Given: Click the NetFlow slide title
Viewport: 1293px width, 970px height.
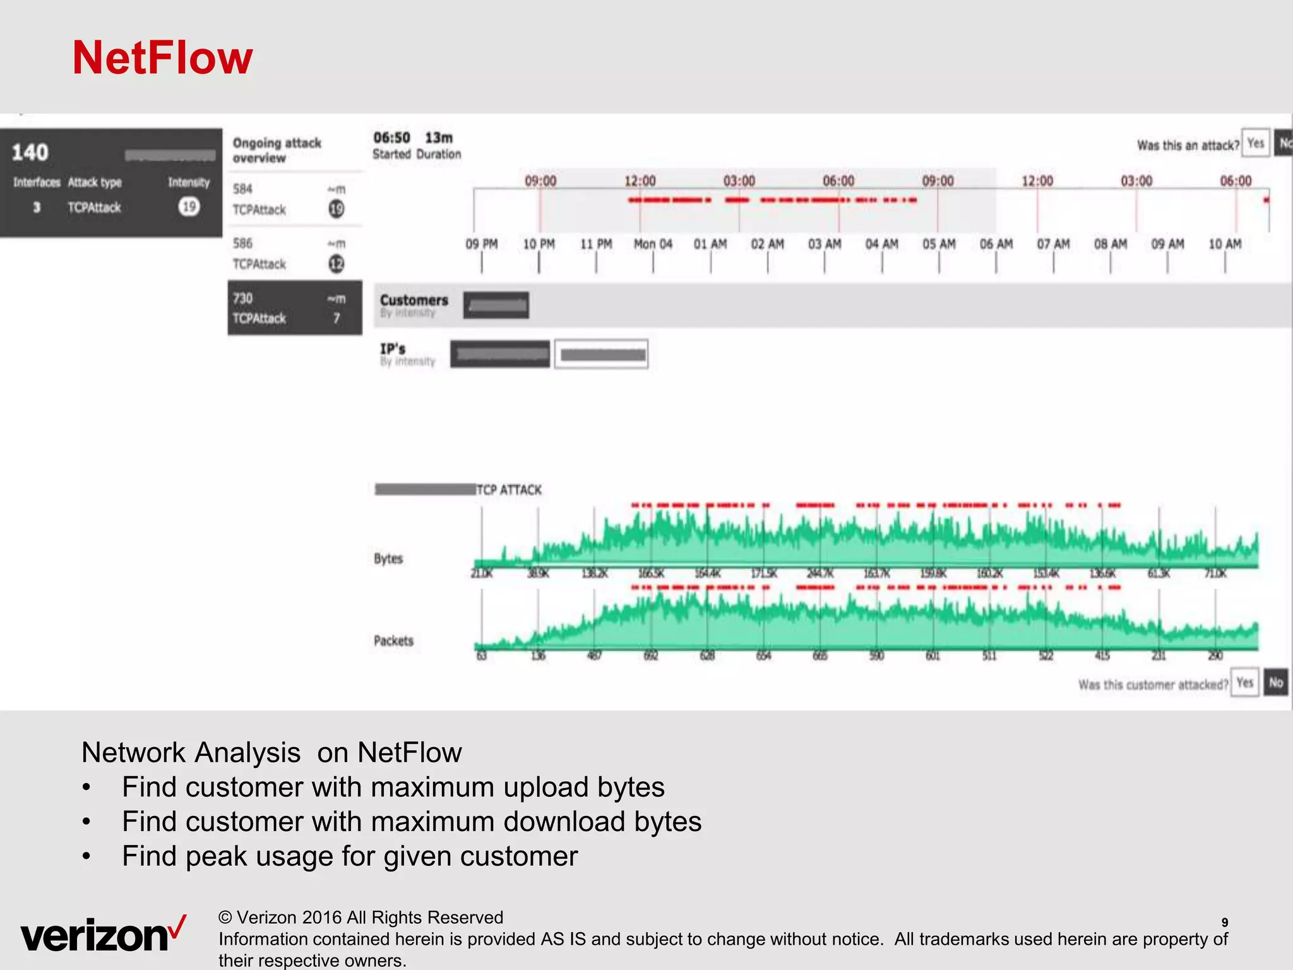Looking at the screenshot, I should pyautogui.click(x=162, y=58).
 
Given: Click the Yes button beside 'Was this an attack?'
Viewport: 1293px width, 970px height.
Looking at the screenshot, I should pyautogui.click(x=1255, y=143).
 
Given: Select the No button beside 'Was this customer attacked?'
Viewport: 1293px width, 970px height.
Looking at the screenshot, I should pyautogui.click(x=1276, y=683).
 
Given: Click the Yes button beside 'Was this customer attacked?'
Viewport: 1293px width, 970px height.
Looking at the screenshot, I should pyautogui.click(x=1244, y=683).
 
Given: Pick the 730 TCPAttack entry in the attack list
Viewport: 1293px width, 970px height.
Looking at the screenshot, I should pyautogui.click(x=294, y=308).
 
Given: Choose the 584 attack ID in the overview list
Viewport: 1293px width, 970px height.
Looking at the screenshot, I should pyautogui.click(x=242, y=189).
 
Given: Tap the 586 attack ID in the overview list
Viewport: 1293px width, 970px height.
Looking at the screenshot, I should pyautogui.click(x=242, y=243).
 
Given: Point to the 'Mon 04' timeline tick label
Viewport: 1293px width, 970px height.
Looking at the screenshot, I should pyautogui.click(x=653, y=244).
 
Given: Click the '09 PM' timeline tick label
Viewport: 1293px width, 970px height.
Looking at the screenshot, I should pyautogui.click(x=481, y=244).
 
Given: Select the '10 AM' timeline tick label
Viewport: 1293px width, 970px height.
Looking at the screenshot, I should pyautogui.click(x=1224, y=244).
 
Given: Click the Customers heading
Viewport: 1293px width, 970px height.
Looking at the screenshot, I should pyautogui.click(x=414, y=300).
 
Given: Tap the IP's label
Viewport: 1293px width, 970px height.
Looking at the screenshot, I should pyautogui.click(x=392, y=349).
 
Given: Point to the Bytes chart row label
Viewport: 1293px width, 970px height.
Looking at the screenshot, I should pyautogui.click(x=388, y=558).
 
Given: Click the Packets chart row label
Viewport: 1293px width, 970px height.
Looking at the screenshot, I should pyautogui.click(x=393, y=640).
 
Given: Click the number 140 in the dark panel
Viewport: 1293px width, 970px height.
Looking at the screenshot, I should pyautogui.click(x=30, y=152).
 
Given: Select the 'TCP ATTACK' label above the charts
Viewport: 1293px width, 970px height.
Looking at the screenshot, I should pyautogui.click(x=509, y=489).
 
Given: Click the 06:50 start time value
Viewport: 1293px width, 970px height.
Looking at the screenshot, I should pyautogui.click(x=391, y=138).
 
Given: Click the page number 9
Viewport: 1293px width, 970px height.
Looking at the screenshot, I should pyautogui.click(x=1224, y=922).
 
